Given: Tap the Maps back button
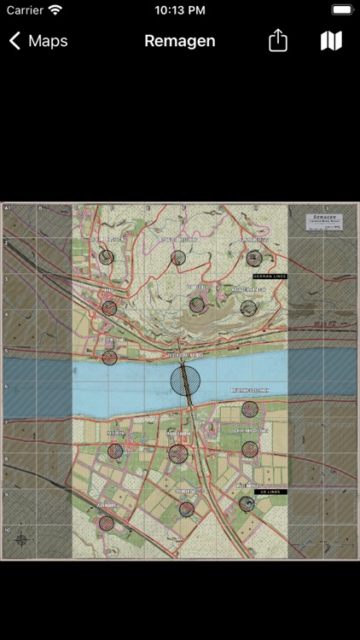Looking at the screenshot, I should [x=39, y=41].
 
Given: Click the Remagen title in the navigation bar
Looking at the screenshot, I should [x=180, y=41].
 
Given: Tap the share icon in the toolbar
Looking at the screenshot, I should [x=278, y=41].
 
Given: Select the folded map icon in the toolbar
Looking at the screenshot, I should [x=331, y=41].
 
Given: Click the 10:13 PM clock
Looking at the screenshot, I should [x=180, y=10].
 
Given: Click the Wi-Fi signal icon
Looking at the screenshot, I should [x=55, y=10].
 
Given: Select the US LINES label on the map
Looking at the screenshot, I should [x=270, y=492].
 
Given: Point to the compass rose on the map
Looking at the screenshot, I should [x=21, y=539].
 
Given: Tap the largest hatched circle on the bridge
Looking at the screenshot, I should [x=185, y=380].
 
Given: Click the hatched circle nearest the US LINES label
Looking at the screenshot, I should [x=247, y=503].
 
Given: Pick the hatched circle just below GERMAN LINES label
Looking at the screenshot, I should [x=247, y=308].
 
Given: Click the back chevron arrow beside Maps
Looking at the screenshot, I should [x=15, y=41].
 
